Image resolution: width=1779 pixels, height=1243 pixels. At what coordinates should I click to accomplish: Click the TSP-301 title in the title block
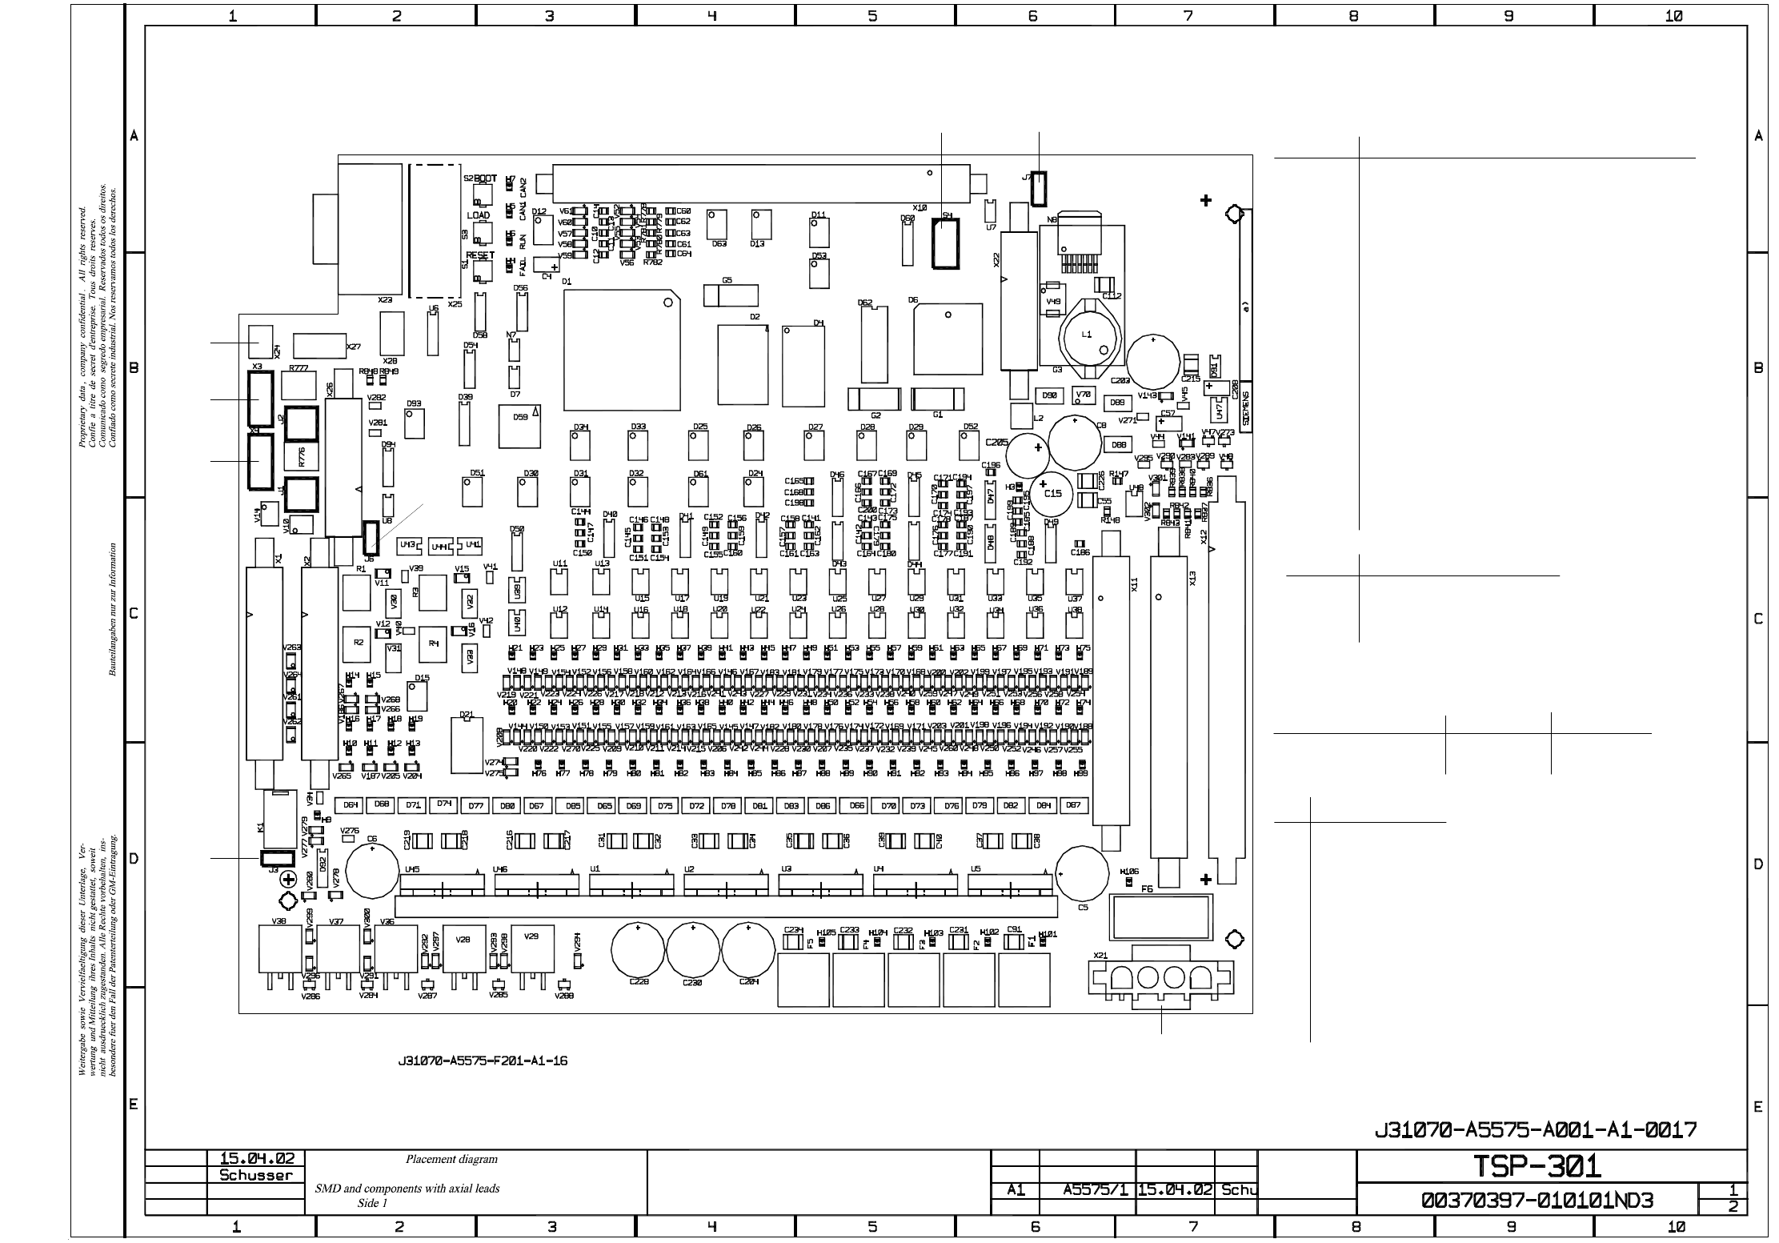pyautogui.click(x=1537, y=1166)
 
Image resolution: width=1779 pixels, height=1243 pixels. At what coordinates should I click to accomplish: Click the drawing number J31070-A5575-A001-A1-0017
pyautogui.click(x=1535, y=1129)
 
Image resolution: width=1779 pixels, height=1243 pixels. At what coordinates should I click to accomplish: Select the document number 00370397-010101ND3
pyautogui.click(x=1537, y=1201)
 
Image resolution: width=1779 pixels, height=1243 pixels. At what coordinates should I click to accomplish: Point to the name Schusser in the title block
pyautogui.click(x=256, y=1176)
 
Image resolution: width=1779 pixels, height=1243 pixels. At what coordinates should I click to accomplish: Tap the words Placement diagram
pyautogui.click(x=451, y=1159)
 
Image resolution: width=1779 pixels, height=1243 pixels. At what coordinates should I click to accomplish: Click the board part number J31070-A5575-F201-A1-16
pyautogui.click(x=483, y=1061)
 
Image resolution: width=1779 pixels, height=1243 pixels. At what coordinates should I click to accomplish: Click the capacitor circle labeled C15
pyautogui.click(x=1053, y=494)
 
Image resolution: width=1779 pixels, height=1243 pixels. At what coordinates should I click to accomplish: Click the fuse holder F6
pyautogui.click(x=1160, y=917)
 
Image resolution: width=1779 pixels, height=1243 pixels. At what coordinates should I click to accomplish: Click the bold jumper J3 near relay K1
pyautogui.click(x=274, y=859)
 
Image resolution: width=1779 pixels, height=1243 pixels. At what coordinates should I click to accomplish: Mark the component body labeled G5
pyautogui.click(x=731, y=296)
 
